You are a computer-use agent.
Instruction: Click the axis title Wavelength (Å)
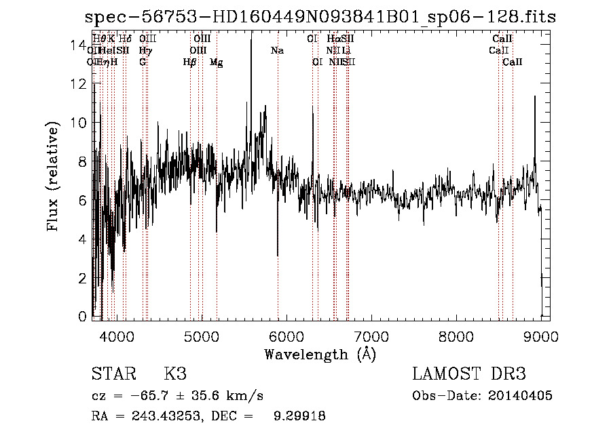[x=320, y=354]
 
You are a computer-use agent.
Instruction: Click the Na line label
[x=277, y=51]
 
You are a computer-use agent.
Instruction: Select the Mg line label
[x=216, y=62]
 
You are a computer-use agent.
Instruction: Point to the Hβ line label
[x=189, y=62]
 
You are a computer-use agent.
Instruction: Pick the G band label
[x=143, y=62]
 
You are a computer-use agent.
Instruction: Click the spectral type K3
[x=175, y=374]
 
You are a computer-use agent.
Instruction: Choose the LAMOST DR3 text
[x=468, y=374]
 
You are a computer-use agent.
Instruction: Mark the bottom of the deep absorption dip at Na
[x=278, y=256]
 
